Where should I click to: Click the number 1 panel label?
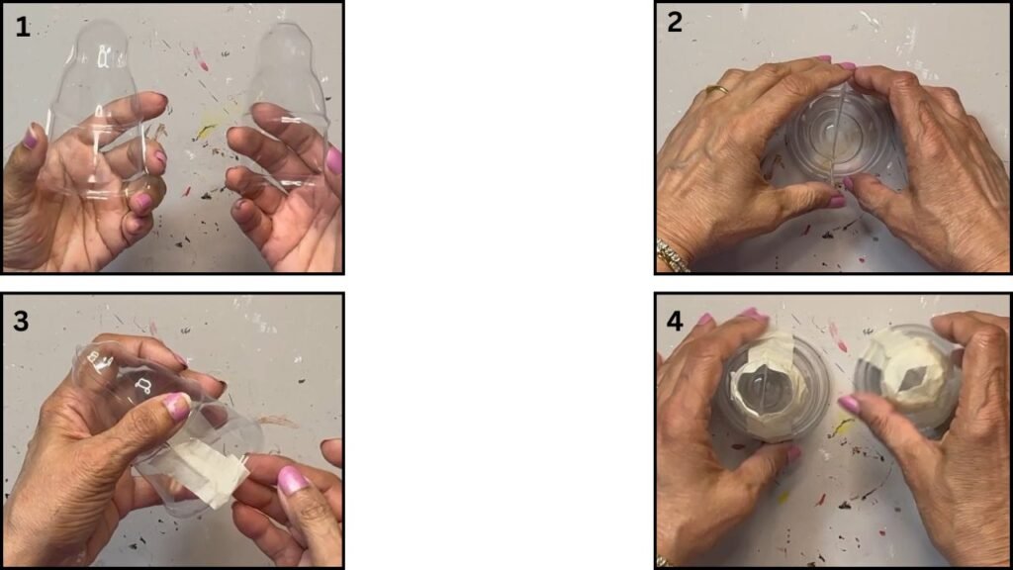point(22,27)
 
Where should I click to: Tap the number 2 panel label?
point(675,22)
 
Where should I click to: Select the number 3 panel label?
point(21,321)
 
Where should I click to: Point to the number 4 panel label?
point(675,321)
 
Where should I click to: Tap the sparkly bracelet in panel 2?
point(673,256)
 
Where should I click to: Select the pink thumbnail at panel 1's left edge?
point(31,137)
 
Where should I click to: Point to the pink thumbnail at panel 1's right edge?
point(333,161)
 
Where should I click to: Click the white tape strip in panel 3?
point(194,470)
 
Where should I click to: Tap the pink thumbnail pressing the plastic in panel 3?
point(176,407)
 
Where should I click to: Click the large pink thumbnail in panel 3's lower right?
point(293,481)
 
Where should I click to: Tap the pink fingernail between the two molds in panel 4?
point(849,405)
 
